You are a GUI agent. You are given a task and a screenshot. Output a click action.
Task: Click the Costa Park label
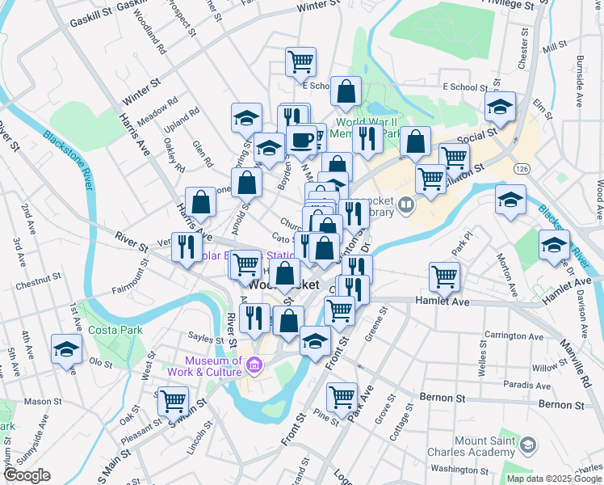coord(115,330)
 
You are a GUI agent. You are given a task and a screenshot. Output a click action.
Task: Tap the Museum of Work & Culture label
coord(213,366)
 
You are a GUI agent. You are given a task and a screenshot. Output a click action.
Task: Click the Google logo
coord(27,476)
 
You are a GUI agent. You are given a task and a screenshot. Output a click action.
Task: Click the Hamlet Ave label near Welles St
coord(442,300)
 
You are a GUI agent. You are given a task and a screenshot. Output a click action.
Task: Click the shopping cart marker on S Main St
coord(173,399)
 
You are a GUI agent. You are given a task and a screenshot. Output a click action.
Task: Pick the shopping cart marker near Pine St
coord(342,396)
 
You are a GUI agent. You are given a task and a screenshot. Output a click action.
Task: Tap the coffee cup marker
coord(302,140)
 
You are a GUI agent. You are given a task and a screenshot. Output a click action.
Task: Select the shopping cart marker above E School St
coord(300,61)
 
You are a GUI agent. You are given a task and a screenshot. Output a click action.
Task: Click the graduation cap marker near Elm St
coord(500,107)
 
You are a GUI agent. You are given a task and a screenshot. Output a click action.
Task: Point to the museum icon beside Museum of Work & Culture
coord(255,366)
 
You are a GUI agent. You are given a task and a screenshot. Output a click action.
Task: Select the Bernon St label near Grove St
coord(443,398)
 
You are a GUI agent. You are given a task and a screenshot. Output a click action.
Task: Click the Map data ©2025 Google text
coord(553,478)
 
